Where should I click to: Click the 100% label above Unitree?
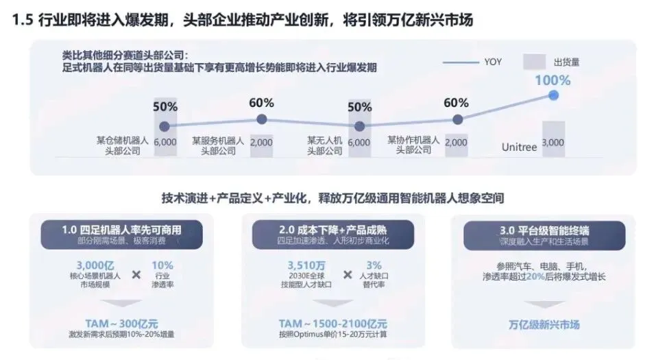pos(553,80)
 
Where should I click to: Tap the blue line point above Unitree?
pos(553,95)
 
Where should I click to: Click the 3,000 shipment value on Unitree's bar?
pos(553,143)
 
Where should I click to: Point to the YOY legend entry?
pos(492,62)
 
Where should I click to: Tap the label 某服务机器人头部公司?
pos(218,145)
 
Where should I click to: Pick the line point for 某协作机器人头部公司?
pos(457,119)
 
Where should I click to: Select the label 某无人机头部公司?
pos(324,145)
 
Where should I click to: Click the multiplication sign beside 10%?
pos(136,274)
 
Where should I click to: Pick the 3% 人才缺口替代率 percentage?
pos(374,265)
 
